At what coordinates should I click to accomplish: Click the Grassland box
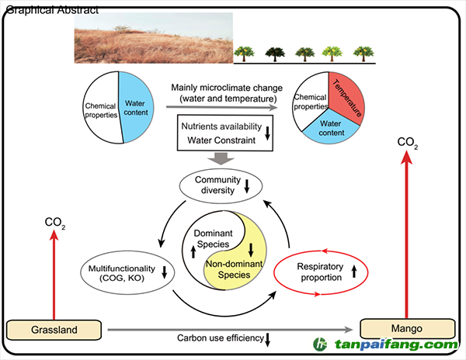[x=54, y=330]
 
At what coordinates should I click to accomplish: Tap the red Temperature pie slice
[x=346, y=97]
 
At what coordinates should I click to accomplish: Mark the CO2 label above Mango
[x=408, y=142]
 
